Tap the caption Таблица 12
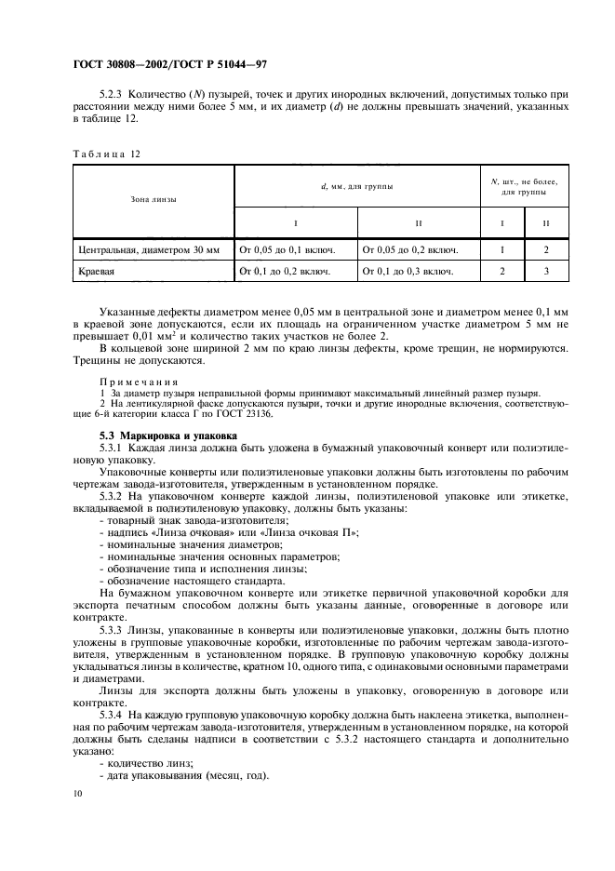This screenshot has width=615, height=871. coord(105,153)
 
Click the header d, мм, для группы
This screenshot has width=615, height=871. coord(356,186)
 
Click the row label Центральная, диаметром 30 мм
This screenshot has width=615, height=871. coord(151,249)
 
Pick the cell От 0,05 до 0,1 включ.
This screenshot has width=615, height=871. coord(295,249)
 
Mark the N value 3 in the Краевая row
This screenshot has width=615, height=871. coord(547,272)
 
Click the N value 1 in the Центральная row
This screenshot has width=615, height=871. coord(502,249)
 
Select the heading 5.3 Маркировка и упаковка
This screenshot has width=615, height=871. coord(167,435)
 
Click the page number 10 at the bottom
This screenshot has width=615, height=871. coord(78,792)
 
